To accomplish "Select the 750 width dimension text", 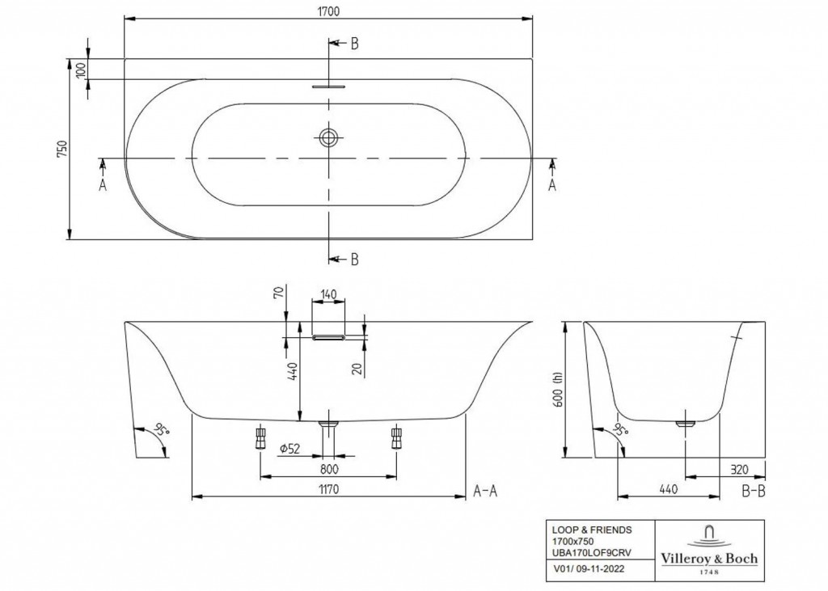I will (62, 150).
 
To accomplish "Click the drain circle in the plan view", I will (328, 137).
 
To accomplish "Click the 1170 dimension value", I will (327, 488).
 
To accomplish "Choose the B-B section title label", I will (753, 489).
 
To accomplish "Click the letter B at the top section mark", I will (354, 44).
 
